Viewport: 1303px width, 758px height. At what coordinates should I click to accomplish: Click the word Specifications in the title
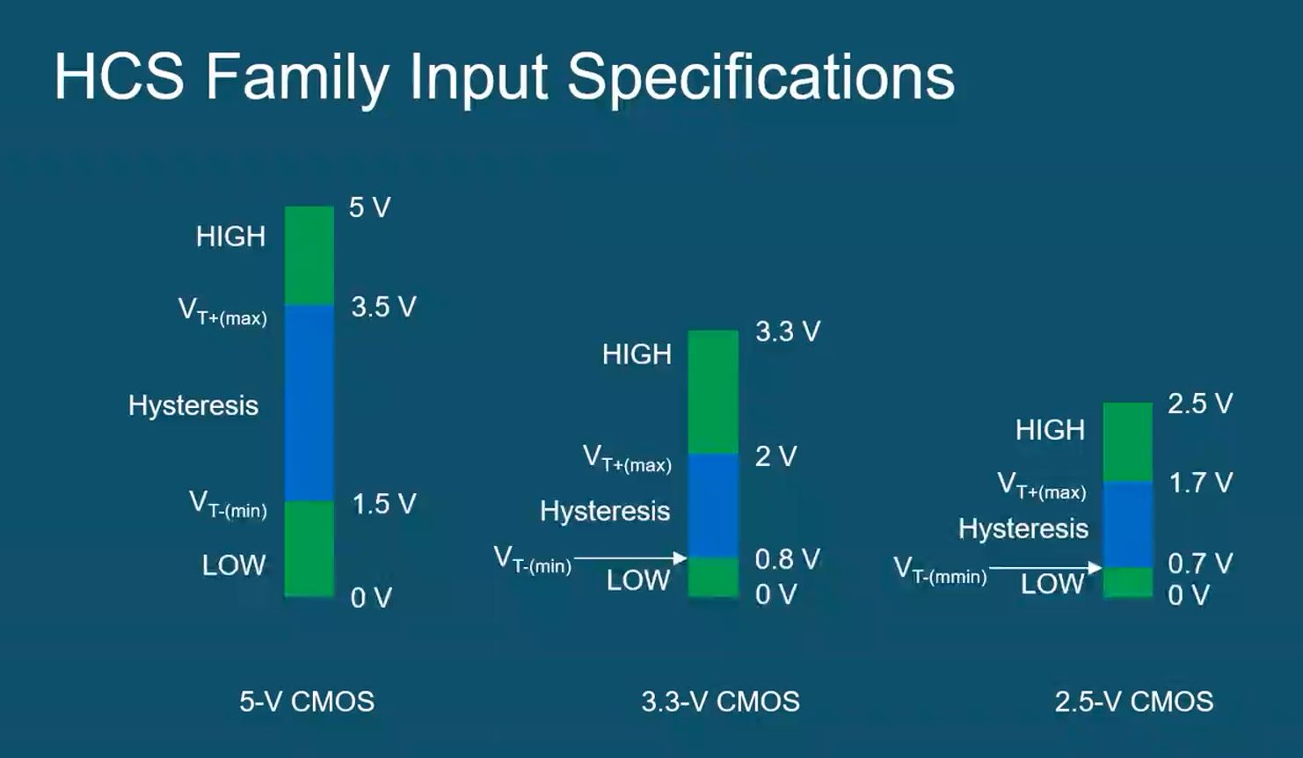click(761, 78)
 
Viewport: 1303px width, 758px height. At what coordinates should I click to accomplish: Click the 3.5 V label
click(384, 307)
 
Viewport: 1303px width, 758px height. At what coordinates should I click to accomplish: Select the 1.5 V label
click(384, 504)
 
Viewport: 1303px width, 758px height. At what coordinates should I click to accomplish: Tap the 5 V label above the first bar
click(369, 208)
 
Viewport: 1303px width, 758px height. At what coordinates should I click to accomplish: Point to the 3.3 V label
click(788, 331)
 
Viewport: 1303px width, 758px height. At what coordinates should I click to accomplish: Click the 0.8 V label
click(788, 559)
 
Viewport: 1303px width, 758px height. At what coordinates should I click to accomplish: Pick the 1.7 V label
click(1201, 483)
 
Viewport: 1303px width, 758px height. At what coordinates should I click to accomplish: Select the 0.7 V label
click(1201, 563)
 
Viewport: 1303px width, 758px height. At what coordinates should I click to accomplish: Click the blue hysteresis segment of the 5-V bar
click(309, 403)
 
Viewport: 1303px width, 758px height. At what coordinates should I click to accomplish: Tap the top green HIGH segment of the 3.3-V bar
click(714, 392)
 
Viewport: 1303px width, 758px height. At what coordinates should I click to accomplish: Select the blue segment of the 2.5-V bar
click(1128, 524)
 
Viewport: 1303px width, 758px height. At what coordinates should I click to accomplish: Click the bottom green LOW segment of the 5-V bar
click(309, 549)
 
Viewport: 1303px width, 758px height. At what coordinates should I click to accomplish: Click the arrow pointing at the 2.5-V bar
click(1045, 568)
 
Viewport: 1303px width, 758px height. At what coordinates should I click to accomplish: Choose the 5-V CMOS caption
click(307, 702)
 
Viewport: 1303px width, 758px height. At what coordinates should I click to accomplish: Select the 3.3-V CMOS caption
click(721, 702)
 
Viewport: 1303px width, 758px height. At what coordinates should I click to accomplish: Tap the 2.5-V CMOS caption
click(1134, 702)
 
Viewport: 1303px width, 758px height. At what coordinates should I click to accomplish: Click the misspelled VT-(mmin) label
click(941, 570)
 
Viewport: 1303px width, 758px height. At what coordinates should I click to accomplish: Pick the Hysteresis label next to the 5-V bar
click(193, 405)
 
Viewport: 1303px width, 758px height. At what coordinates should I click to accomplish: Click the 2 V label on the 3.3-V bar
click(776, 456)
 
